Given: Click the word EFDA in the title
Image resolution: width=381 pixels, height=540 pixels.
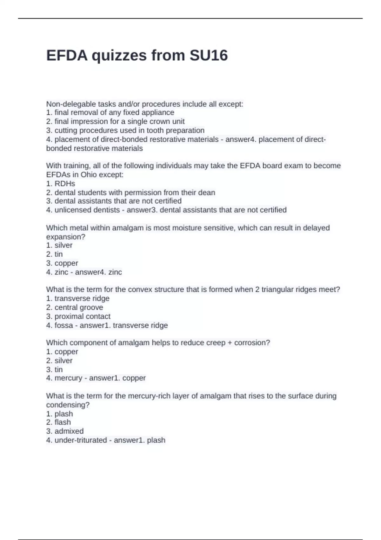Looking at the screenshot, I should point(67,55).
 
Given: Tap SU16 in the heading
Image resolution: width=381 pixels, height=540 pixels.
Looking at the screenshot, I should point(209,55).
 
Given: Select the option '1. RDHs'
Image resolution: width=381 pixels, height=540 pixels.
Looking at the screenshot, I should point(60,184).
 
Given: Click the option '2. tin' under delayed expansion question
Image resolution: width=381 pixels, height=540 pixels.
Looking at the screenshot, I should point(54,254).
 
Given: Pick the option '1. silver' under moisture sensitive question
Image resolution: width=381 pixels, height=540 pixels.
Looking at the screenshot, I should point(59,245).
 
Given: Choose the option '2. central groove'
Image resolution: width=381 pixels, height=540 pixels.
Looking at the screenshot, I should point(74,307).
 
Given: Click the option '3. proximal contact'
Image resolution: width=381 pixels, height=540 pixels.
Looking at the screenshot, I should point(78,316).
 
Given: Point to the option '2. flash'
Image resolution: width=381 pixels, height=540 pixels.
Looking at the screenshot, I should point(58,422).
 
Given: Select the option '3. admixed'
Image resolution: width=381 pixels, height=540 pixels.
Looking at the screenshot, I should point(65,431).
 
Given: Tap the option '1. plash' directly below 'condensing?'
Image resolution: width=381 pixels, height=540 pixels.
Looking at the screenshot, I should point(59,414).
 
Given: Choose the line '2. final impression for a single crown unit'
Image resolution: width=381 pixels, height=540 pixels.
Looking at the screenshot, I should point(115,121).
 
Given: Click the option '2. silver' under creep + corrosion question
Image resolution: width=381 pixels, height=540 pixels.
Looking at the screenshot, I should point(59,361).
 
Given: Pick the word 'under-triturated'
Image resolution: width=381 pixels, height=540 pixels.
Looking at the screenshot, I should point(81,440).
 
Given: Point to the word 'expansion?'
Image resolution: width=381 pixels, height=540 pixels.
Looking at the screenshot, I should point(66,237).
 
